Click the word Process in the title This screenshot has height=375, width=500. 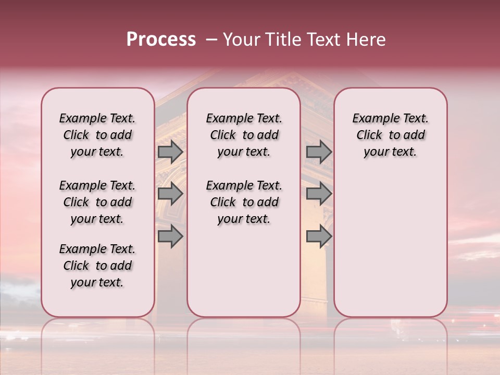coord(161,40)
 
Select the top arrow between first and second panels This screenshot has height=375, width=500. coord(170,152)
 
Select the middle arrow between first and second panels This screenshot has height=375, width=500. coord(170,194)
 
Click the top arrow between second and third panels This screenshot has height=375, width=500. coord(319,152)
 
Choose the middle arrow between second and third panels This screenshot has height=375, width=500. coord(319,194)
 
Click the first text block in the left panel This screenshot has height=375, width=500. coord(97,135)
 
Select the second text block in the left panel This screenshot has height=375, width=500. coord(97,202)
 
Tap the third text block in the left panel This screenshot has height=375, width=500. coord(97,266)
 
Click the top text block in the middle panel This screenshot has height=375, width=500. coord(244,135)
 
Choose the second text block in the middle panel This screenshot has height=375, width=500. coord(244,202)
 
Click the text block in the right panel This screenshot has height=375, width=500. coord(390,135)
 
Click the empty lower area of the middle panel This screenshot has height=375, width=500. coord(244,271)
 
